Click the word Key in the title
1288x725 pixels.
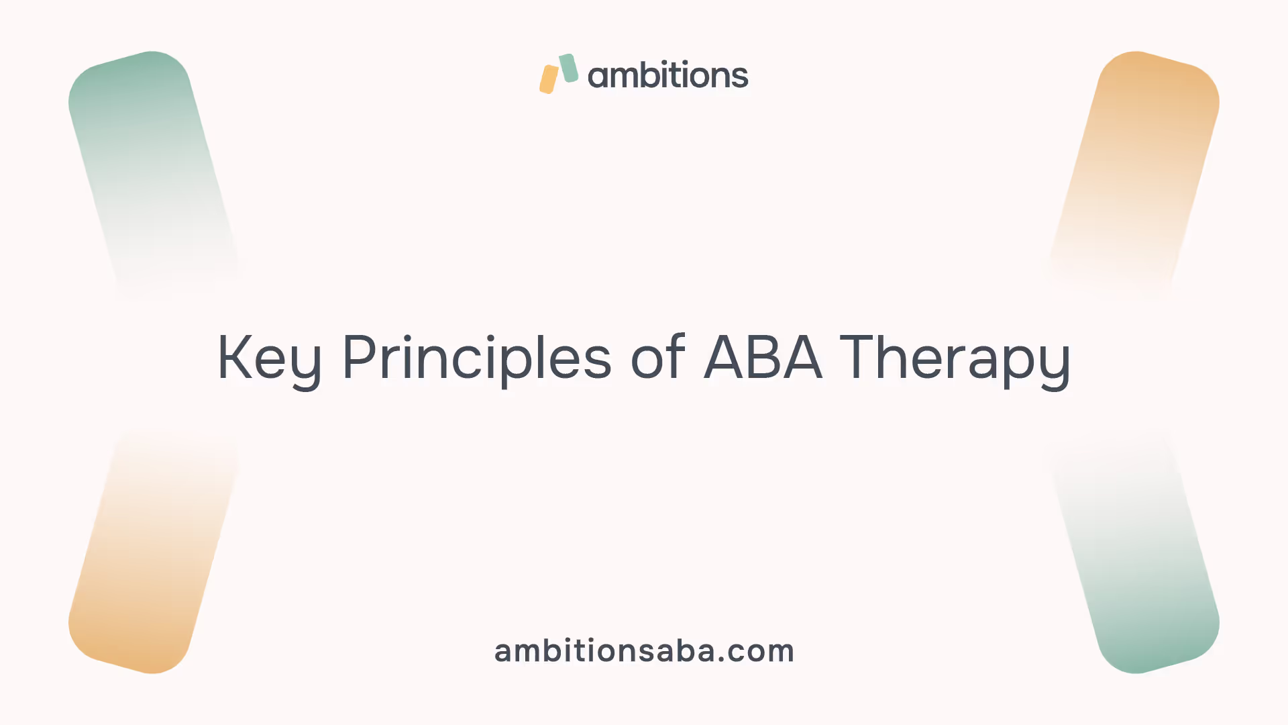tap(270, 360)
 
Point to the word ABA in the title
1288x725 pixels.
tap(763, 357)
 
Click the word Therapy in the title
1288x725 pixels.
tap(955, 360)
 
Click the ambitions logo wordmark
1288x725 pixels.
tap(668, 75)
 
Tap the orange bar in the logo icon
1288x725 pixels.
tap(549, 79)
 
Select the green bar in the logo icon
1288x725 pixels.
tap(568, 68)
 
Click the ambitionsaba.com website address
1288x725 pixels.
tap(644, 650)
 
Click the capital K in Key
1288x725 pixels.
tap(235, 357)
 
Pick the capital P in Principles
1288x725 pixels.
tap(360, 357)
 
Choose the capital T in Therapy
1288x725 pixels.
tap(859, 357)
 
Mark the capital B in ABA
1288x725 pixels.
tap(763, 357)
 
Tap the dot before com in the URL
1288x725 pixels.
tap(722, 660)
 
